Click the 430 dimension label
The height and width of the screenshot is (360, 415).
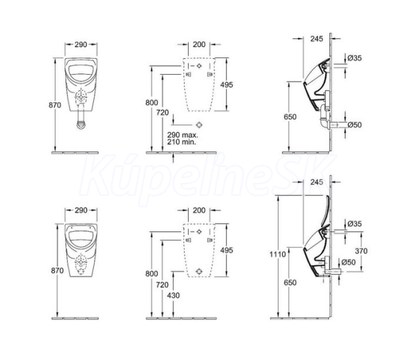(174, 295)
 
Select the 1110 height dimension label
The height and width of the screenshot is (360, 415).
(277, 254)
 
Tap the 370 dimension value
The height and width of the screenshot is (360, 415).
(361, 251)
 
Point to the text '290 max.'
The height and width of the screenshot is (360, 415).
(183, 135)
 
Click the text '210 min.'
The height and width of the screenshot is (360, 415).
(181, 142)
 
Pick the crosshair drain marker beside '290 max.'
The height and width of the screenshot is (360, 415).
(199, 125)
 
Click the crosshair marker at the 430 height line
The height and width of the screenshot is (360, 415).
(199, 271)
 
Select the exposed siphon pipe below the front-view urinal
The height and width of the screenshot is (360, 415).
(81, 120)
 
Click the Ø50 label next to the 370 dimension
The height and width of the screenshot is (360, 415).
(349, 262)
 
